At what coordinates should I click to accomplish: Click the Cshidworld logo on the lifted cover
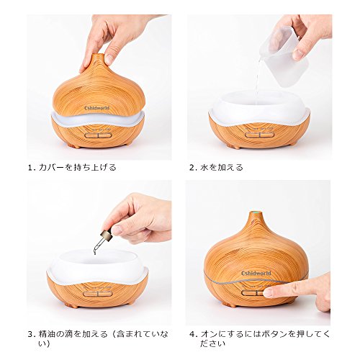[x=97, y=108]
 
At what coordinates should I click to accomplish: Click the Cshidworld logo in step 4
[x=256, y=273]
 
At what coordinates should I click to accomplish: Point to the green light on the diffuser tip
[x=255, y=212]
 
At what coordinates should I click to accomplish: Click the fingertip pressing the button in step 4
[x=268, y=292]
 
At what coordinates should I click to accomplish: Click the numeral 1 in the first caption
[x=30, y=168]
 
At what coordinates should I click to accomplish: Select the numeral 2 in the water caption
[x=192, y=168]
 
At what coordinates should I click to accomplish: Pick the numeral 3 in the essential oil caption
[x=30, y=334]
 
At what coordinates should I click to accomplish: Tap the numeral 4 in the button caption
[x=192, y=334]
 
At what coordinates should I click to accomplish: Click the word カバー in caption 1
[x=52, y=167]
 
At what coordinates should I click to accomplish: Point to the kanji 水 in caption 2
[x=204, y=167]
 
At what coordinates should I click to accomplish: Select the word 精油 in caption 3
[x=48, y=334]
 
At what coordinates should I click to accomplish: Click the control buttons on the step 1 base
[x=98, y=135]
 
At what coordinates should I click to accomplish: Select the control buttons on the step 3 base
[x=98, y=294]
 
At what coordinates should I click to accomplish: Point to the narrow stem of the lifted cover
[x=98, y=59]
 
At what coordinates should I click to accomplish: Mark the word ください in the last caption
[x=213, y=343]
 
